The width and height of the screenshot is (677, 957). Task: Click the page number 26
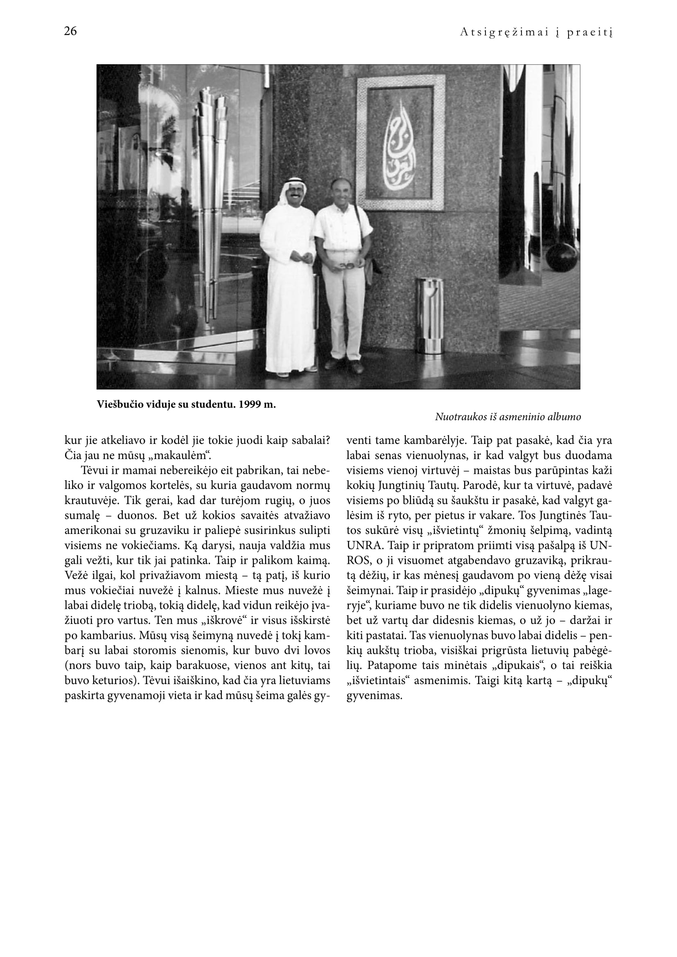(x=70, y=31)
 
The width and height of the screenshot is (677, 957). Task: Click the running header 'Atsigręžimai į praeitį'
(x=536, y=32)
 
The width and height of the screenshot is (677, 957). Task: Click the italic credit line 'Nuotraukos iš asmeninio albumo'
(x=508, y=417)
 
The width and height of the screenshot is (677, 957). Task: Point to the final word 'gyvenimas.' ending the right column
(x=374, y=696)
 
